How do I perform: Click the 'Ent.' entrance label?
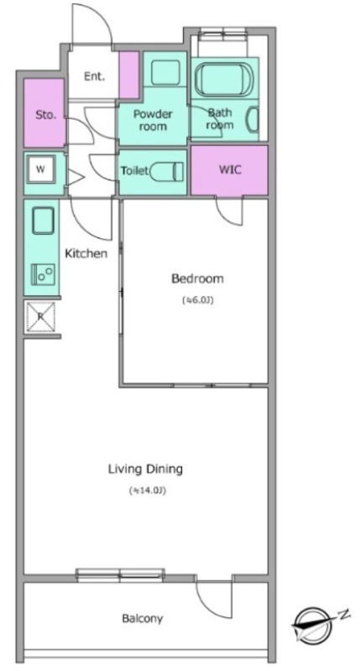[94, 77]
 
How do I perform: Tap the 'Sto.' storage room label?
[45, 115]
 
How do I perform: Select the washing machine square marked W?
[40, 169]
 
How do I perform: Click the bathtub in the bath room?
[224, 79]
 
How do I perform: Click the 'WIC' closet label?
[230, 169]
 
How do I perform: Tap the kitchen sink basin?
[43, 221]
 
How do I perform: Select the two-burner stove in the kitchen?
[43, 274]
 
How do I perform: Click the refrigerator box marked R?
[40, 317]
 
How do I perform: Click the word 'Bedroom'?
[197, 279]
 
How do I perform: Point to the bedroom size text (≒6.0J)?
[197, 300]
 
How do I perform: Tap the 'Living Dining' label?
[145, 470]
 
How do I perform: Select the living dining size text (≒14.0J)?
[147, 491]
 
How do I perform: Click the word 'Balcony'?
[143, 618]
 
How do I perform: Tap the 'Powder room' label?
[153, 120]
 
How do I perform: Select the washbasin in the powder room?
[165, 72]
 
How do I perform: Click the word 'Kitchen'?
[86, 253]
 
